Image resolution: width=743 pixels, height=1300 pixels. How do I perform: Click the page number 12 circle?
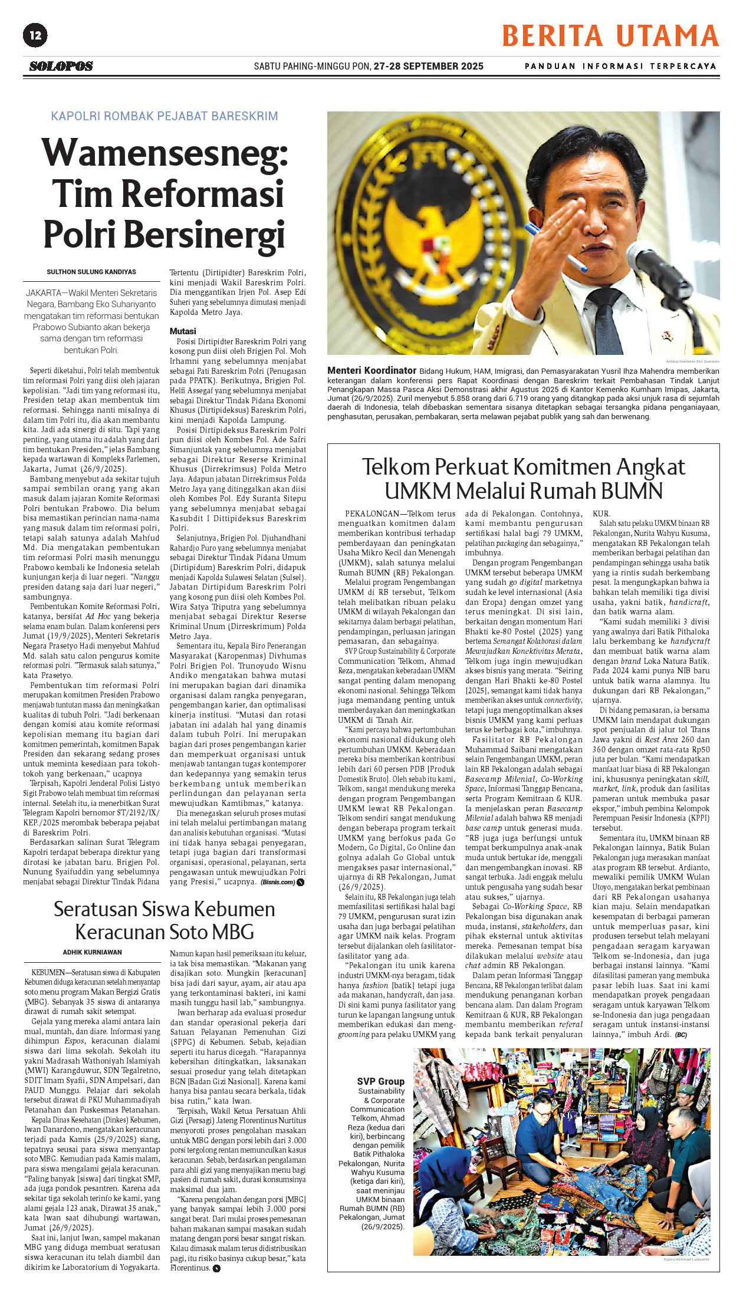35,35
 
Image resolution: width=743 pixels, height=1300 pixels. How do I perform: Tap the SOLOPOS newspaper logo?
61,67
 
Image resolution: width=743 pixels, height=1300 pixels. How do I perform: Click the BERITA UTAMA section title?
610,36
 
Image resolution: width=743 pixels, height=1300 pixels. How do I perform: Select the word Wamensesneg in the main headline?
165,153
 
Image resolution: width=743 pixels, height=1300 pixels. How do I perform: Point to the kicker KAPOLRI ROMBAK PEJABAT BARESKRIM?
165,116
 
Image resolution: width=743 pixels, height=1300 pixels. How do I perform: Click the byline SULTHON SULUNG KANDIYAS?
91,272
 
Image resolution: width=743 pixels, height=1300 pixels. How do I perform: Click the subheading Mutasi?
183,331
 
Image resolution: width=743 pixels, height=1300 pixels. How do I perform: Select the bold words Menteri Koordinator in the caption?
371,371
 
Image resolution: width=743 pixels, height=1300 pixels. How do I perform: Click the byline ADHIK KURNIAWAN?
93,952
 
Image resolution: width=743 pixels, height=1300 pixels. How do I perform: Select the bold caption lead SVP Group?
380,1081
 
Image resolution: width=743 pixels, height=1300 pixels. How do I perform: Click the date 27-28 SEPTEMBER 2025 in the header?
428,66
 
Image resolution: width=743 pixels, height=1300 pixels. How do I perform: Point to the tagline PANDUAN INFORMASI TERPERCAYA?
620,66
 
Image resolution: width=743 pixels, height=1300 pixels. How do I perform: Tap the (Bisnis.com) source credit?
278,882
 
